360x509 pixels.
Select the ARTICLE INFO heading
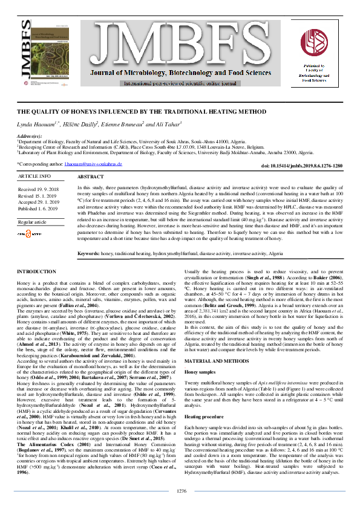click(35, 175)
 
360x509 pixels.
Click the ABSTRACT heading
click(91, 178)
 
